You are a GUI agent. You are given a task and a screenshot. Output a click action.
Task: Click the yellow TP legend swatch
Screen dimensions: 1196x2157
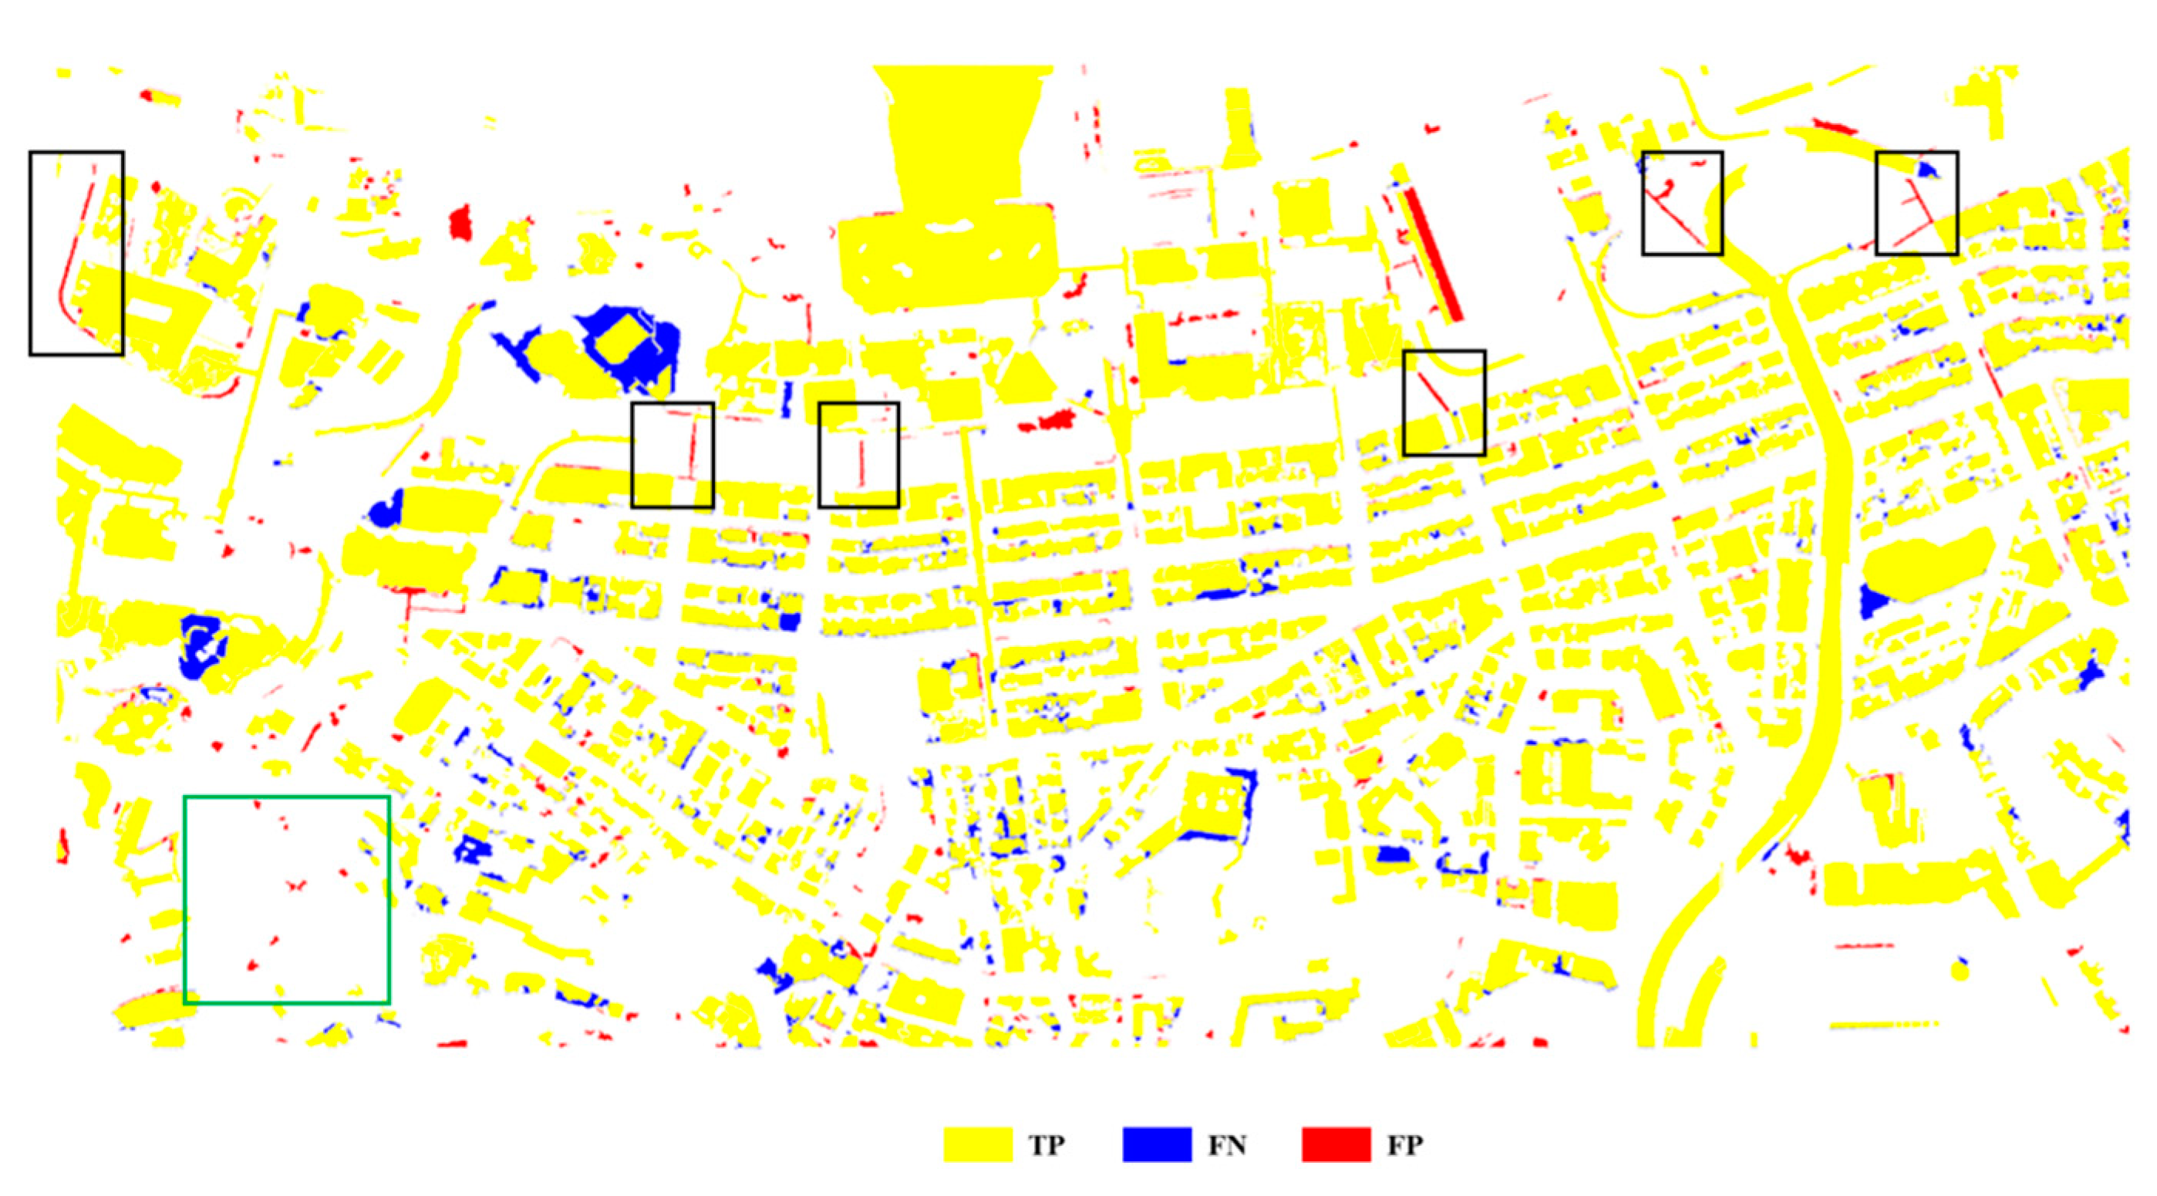pos(977,1144)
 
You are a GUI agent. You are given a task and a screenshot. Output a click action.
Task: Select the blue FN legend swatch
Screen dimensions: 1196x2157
pos(1156,1144)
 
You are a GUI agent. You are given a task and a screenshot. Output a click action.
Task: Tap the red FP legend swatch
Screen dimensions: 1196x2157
pos(1336,1144)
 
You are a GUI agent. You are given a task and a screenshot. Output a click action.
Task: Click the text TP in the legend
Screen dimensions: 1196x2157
pos(1046,1145)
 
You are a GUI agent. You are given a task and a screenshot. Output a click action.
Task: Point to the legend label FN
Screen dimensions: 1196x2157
pos(1227,1145)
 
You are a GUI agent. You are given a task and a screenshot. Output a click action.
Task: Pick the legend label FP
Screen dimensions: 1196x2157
pos(1405,1145)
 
